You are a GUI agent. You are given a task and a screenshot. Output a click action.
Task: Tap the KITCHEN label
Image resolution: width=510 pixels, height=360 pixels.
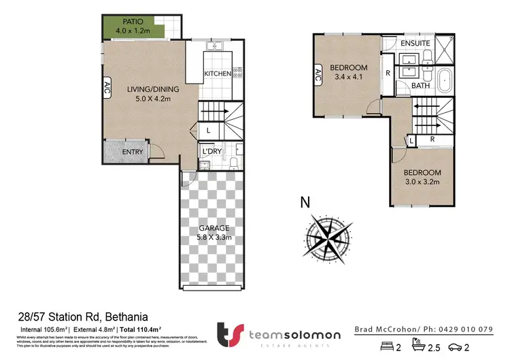click(x=218, y=73)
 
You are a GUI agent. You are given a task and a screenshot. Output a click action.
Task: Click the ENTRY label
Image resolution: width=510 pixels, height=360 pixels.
click(x=132, y=152)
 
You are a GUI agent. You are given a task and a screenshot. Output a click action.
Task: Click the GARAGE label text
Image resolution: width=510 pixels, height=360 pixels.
click(x=213, y=228)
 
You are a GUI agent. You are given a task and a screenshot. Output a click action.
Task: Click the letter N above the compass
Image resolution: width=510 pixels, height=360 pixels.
click(x=307, y=202)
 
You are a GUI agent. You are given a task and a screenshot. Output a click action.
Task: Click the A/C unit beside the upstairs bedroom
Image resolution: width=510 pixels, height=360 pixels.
click(x=318, y=76)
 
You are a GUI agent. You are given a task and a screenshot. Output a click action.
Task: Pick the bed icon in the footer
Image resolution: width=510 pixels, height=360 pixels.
click(x=388, y=347)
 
